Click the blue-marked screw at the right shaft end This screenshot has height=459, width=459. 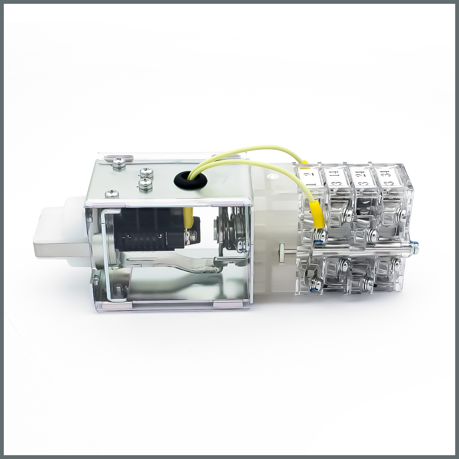tap(415, 247)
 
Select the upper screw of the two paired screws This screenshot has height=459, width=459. tap(146, 173)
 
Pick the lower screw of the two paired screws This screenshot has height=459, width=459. tap(145, 184)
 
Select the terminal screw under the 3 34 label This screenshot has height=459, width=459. tap(401, 212)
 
